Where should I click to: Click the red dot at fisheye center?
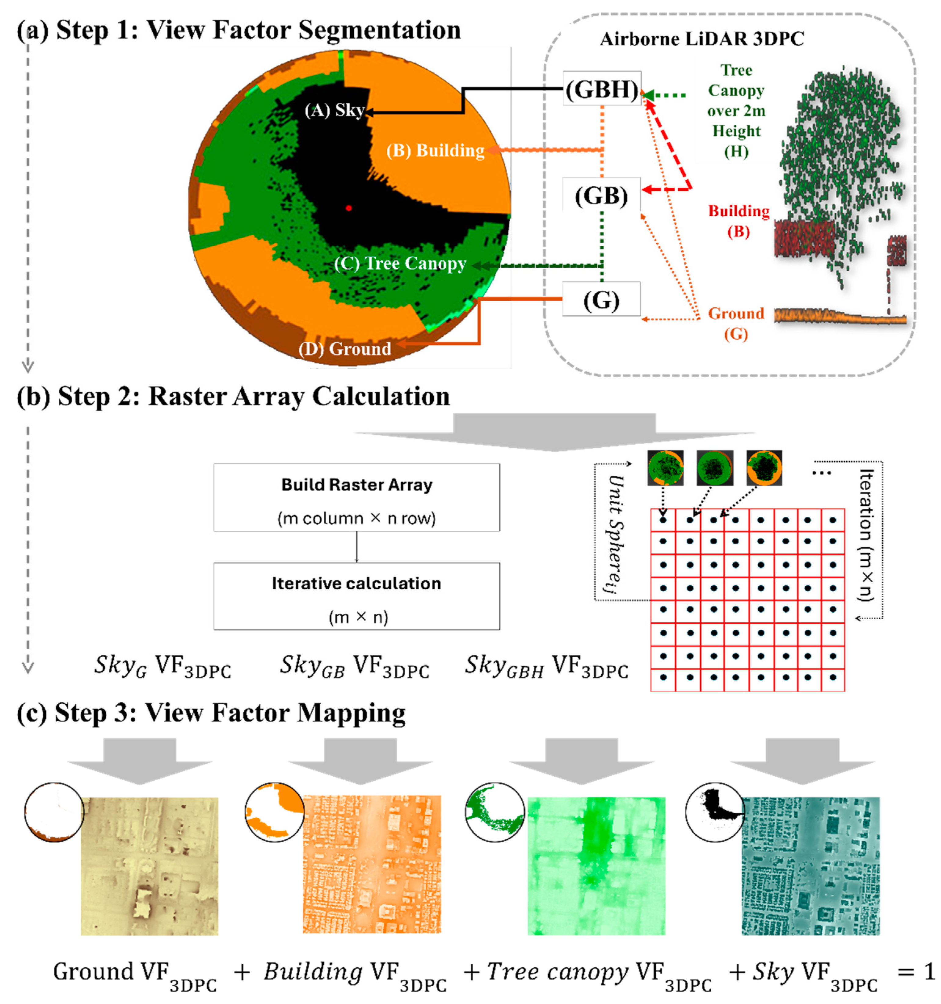(348, 207)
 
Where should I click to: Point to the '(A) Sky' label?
(334, 110)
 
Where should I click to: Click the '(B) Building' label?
(435, 151)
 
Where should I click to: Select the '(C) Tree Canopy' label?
(400, 264)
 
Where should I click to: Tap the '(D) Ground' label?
(345, 349)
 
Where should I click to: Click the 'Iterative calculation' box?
(356, 596)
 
